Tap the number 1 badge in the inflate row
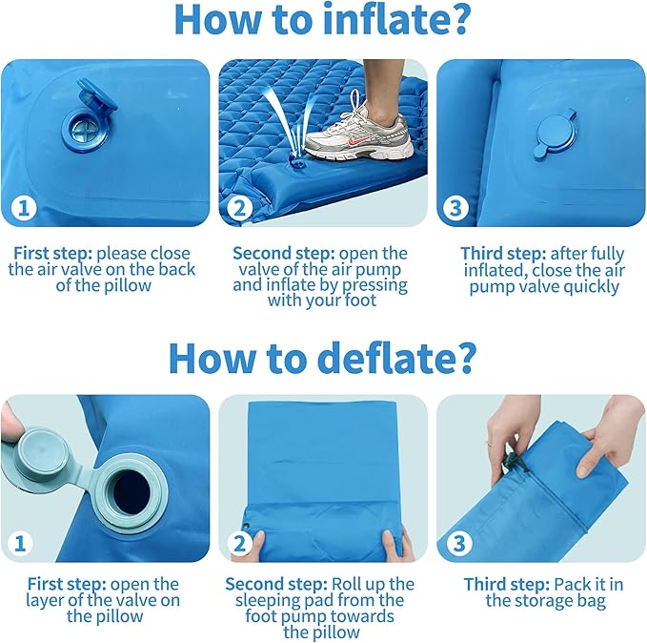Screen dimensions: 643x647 (x=23, y=207)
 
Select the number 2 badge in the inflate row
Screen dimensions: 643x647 (x=241, y=207)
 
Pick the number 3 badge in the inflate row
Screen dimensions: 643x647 (x=458, y=207)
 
